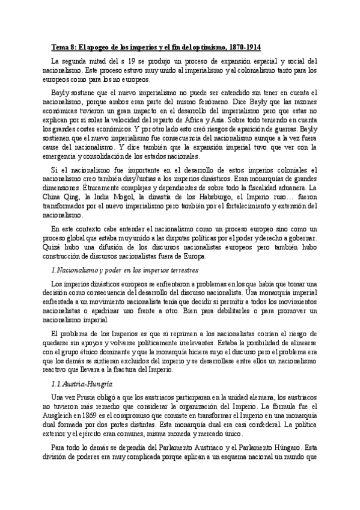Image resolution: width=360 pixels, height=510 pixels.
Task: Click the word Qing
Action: [69, 188]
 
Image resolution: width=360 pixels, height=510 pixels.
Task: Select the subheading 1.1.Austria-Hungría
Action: [82, 383]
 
